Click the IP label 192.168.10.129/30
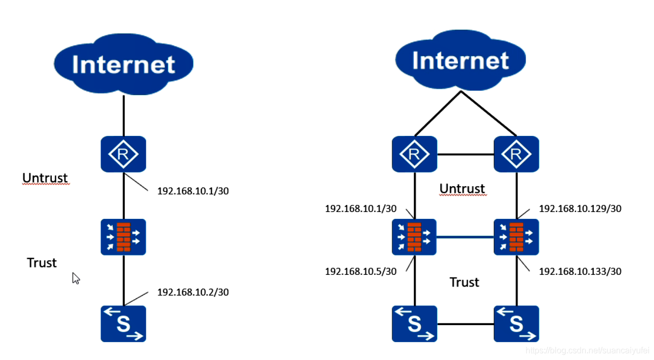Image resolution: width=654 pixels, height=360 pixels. [x=580, y=209]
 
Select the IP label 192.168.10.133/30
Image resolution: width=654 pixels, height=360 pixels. [x=580, y=272]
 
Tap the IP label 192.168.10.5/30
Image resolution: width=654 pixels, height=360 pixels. [x=361, y=272]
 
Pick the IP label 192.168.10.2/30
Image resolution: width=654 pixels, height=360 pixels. [x=193, y=292]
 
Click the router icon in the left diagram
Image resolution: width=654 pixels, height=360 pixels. [x=123, y=154]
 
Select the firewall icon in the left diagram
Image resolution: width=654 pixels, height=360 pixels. [x=123, y=237]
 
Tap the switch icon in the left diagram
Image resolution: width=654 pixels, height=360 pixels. [x=123, y=324]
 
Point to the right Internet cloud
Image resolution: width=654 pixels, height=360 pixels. [x=460, y=60]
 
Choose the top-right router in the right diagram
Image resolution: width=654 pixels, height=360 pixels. [x=516, y=154]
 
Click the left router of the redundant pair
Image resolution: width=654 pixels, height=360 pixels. [x=414, y=154]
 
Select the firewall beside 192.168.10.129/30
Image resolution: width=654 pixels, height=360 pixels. [x=516, y=237]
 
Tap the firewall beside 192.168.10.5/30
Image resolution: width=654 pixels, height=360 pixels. [x=414, y=237]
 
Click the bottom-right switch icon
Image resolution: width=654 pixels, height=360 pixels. [x=516, y=324]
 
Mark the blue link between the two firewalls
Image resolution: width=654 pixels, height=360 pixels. [x=465, y=237]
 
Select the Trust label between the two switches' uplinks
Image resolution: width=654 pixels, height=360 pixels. [x=464, y=282]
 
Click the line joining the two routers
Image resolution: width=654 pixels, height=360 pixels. [x=465, y=154]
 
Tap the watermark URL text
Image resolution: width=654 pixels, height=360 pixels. [x=587, y=350]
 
